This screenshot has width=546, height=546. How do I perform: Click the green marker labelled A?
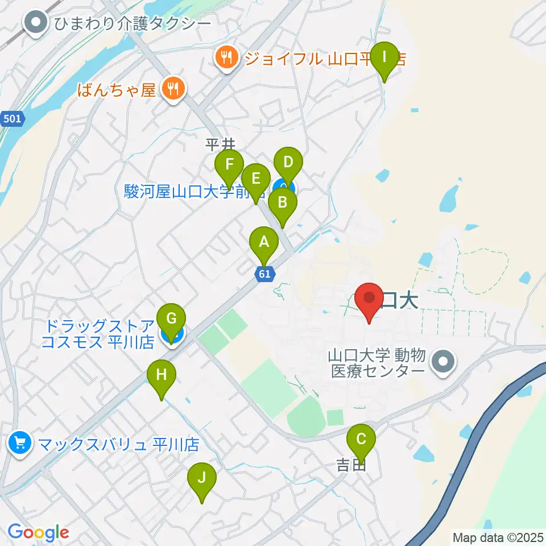click(x=263, y=243)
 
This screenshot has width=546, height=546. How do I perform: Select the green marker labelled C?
click(x=361, y=440)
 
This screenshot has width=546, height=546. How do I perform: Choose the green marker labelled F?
click(x=229, y=166)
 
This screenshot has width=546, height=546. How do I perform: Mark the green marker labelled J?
click(x=201, y=479)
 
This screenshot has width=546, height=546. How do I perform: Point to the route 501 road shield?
click(x=13, y=119)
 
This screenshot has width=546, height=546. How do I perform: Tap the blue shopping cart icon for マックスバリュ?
click(x=20, y=442)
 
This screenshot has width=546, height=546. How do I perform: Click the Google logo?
click(x=38, y=533)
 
